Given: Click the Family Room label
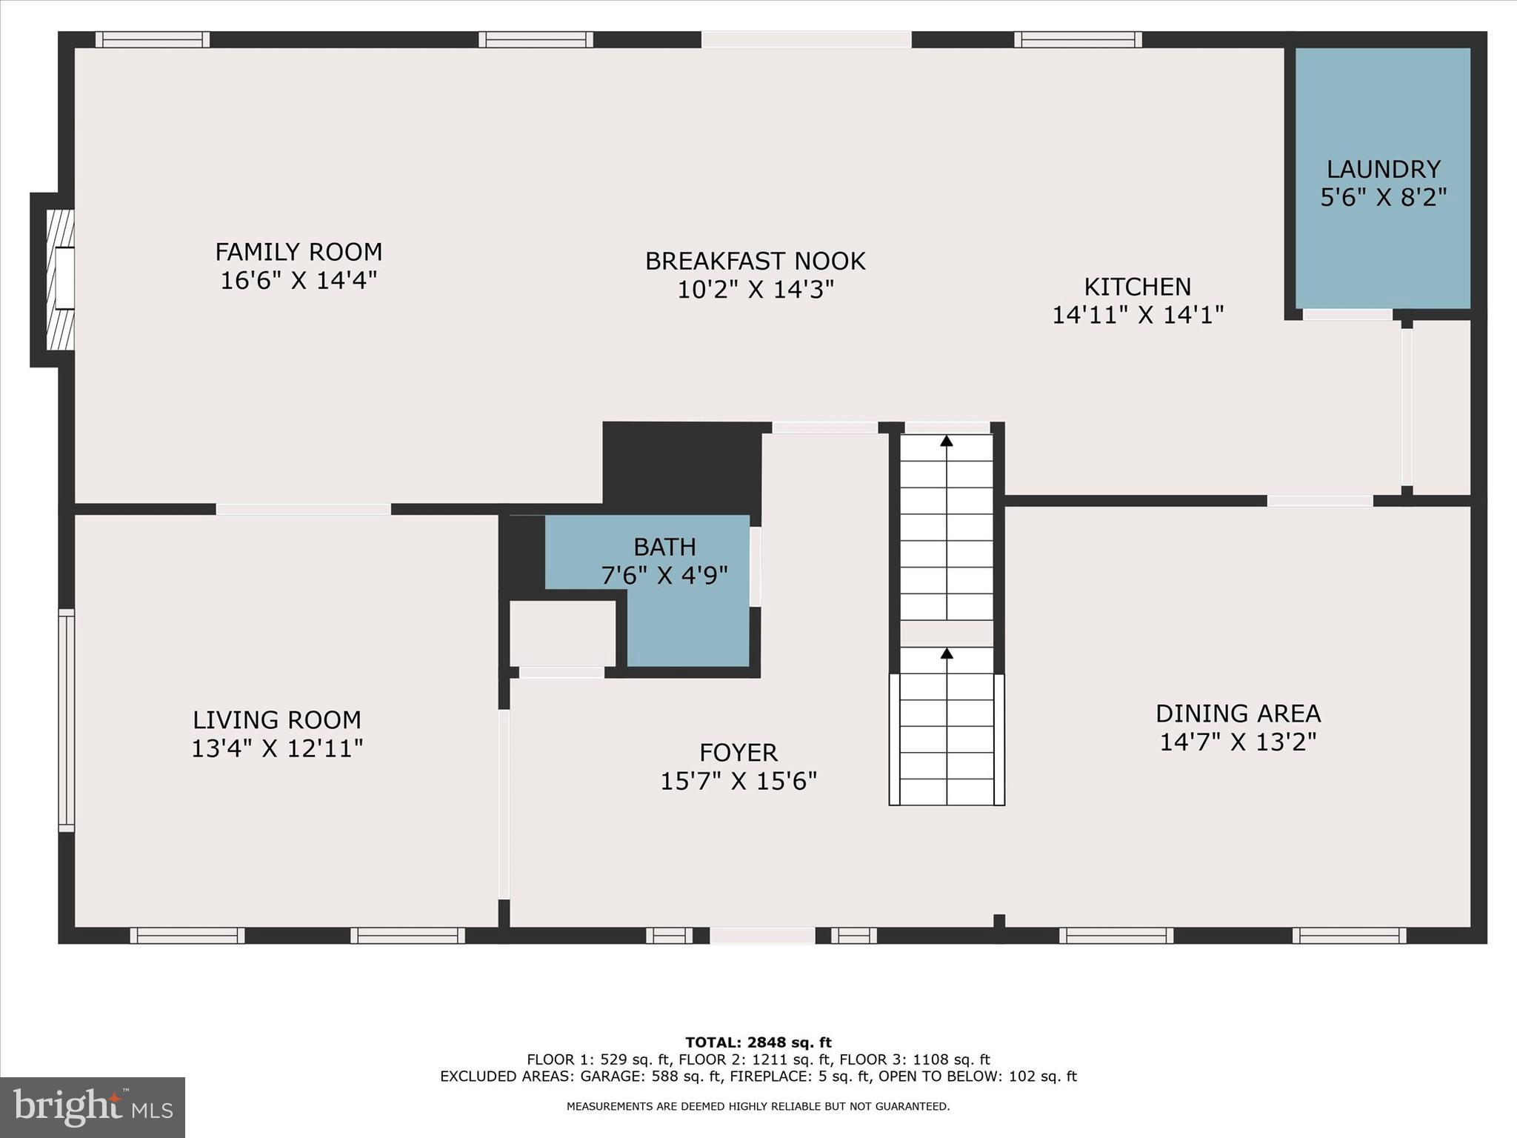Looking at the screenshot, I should tap(299, 253).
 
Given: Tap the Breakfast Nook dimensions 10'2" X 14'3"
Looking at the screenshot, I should tap(756, 290).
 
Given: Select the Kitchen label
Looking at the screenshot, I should tap(1138, 287).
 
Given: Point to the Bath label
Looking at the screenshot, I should tap(664, 548).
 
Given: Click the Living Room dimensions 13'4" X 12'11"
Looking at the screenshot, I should tap(277, 748).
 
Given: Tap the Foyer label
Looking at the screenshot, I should tap(739, 753).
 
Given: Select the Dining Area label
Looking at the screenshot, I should tap(1238, 713).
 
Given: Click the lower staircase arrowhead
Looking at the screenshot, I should tap(947, 653).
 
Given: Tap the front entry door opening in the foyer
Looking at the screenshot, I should tap(762, 936).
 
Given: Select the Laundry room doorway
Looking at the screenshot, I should tap(1347, 314).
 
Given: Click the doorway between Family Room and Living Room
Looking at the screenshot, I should tap(303, 509).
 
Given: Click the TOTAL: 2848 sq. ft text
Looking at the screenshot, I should tap(758, 1043).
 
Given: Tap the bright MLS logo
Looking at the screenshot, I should tap(93, 1107).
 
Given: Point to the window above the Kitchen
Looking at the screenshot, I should tap(1078, 39).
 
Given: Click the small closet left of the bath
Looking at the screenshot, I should tap(562, 633).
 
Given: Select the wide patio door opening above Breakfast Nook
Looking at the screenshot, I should tap(806, 39).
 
